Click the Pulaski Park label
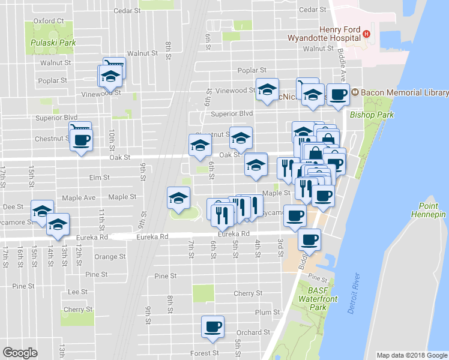coord(53,43)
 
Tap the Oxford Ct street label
coord(49,21)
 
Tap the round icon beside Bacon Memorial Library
coord(355,92)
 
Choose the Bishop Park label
coord(370,113)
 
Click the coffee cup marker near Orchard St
coord(212,326)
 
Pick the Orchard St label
coord(249,332)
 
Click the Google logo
coord(20,353)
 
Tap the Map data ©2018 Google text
coord(412,355)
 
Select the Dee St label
coord(13,206)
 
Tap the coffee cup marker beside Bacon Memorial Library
coord(338,94)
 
